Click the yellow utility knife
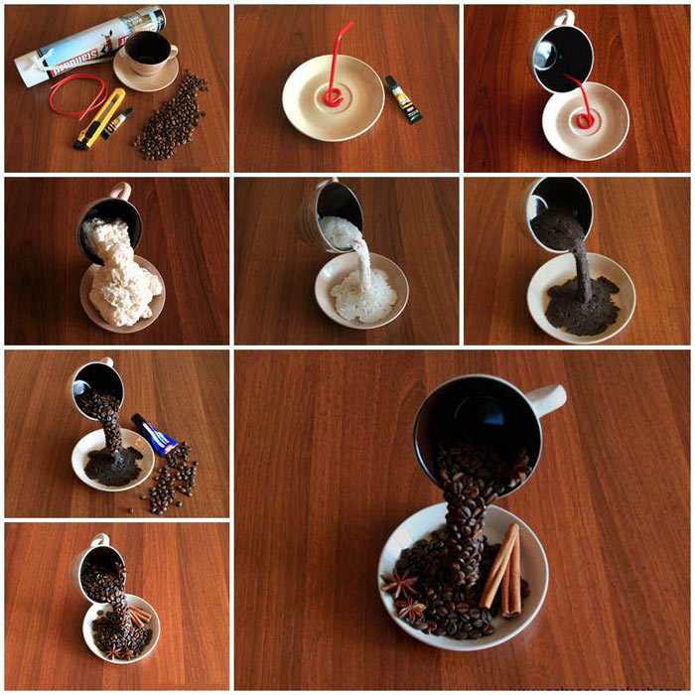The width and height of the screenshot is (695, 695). pyautogui.click(x=99, y=118)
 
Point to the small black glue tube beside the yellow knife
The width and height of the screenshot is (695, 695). pyautogui.click(x=117, y=123)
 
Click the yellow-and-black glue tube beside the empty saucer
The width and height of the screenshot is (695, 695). pyautogui.click(x=404, y=99)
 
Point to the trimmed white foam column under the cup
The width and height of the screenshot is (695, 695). pyautogui.click(x=363, y=268)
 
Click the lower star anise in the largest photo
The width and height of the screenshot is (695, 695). pyautogui.click(x=411, y=609)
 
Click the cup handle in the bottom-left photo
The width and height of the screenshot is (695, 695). pyautogui.click(x=102, y=542)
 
